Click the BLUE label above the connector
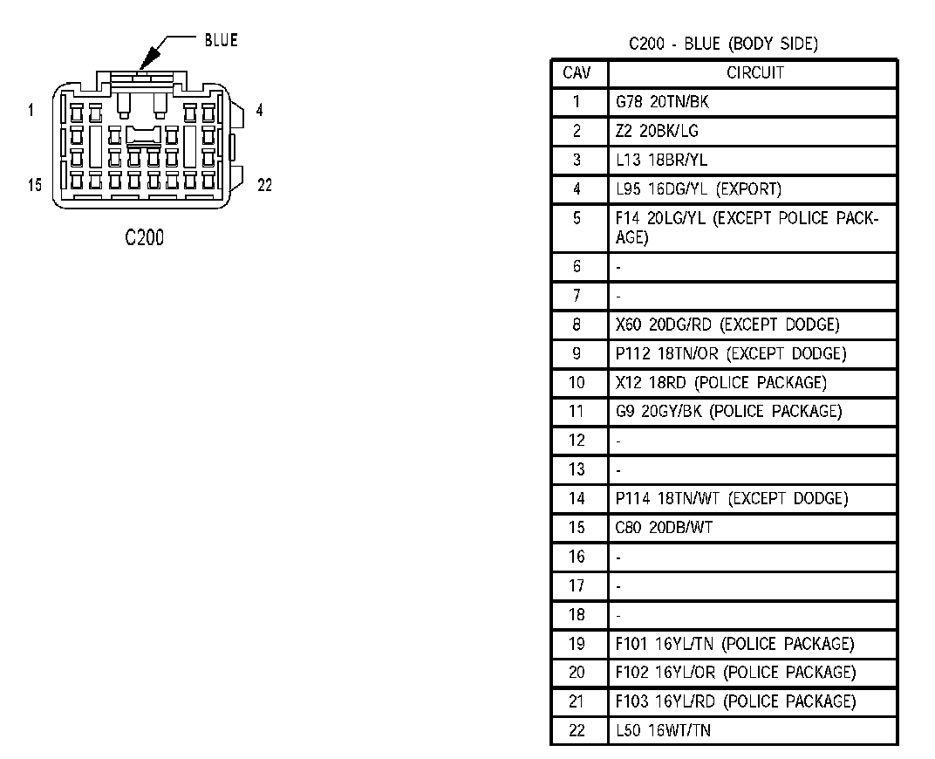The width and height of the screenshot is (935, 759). click(x=221, y=40)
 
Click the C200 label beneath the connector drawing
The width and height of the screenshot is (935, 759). click(x=144, y=237)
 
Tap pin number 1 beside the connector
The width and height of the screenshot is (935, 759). click(x=31, y=110)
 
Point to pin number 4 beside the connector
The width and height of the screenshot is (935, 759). click(x=259, y=111)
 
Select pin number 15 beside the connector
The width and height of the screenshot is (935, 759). click(x=34, y=185)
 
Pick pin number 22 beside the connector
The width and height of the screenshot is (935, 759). click(x=264, y=185)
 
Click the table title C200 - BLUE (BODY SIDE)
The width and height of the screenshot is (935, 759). click(x=723, y=44)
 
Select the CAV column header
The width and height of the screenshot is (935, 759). click(x=577, y=73)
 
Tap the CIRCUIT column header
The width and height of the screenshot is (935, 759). click(x=754, y=73)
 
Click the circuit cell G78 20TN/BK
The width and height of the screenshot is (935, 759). click(x=662, y=102)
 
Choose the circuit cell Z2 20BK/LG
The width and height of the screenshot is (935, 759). click(x=657, y=132)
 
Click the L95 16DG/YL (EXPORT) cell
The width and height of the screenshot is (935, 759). click(x=698, y=189)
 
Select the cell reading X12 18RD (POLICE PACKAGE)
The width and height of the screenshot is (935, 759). click(x=720, y=382)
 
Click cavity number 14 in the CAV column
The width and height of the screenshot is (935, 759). click(x=577, y=498)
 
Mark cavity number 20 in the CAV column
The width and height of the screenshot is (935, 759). click(x=577, y=673)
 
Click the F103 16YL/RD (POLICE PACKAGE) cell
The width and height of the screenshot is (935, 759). click(x=735, y=701)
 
